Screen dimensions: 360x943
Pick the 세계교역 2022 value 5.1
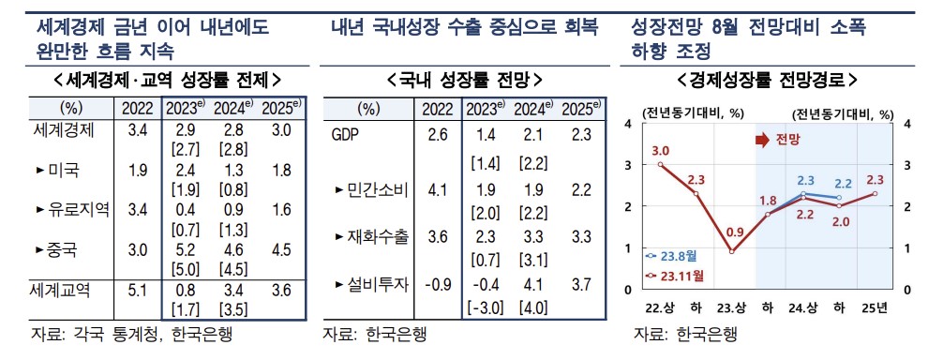137,290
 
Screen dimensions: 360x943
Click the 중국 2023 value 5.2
186,250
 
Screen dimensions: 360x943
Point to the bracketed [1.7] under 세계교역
186,307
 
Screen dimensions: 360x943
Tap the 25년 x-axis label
876,310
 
